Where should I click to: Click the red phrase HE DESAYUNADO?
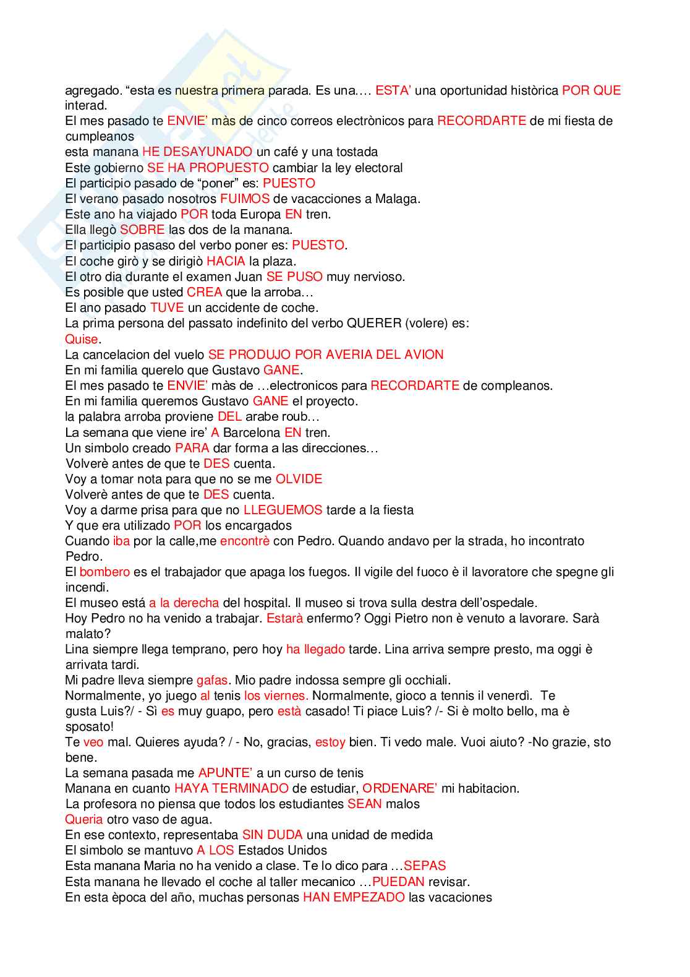pos(197,152)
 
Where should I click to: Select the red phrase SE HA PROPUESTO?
pos(208,168)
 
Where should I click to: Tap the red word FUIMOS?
pos(245,199)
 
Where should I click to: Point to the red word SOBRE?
pos(142,230)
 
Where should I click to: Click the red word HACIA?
pos(226,261)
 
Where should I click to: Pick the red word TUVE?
pos(167,308)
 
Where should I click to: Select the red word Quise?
pos(82,339)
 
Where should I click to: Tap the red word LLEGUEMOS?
pos(283,510)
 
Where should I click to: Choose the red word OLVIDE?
pos(299,479)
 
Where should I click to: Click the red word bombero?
pos(104,572)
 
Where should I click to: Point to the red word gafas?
pos(212,680)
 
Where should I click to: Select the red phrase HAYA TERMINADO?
pos(231,788)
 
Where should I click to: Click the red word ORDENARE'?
pos(399,788)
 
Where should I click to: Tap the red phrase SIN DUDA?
pos(272,835)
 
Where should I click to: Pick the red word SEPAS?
pos(425,866)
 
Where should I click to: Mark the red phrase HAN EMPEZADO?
pos(354,897)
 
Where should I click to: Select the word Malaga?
pos(398,199)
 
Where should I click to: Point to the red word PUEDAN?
pos(398,882)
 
